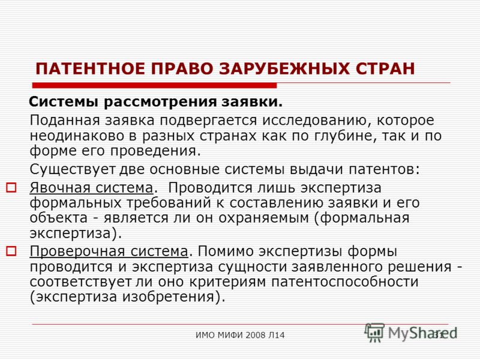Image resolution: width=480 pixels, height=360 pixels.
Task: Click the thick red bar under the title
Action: coord(154,85)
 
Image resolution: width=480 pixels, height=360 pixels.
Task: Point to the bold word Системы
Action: coord(64,102)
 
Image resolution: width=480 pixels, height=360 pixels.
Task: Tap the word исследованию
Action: coord(316,121)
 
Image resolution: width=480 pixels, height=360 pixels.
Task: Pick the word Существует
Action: coord(73,170)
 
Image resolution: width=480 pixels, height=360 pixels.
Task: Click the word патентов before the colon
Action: coord(382,169)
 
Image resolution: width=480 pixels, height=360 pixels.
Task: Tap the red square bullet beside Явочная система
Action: coord(11,187)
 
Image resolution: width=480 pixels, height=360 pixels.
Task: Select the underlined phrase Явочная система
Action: coord(91,188)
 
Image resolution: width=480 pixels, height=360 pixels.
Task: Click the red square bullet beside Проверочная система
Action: coord(11,251)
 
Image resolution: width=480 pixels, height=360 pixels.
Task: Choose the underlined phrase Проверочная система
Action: coord(109,251)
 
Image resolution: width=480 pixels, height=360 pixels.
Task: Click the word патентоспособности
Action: coord(345,282)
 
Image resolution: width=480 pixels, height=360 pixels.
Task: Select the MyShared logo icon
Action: coord(374,332)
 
